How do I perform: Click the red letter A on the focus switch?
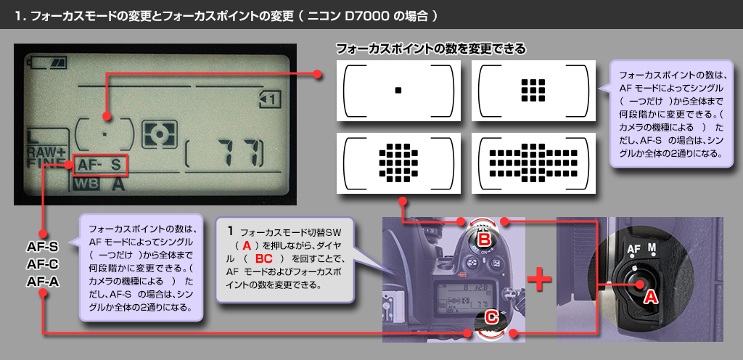tap(651, 296)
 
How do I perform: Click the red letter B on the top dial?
tap(484, 237)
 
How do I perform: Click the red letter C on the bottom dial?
tap(491, 316)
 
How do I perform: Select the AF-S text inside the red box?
tap(101, 165)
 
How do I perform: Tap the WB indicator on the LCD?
tap(86, 184)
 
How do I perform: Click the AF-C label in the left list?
tap(42, 263)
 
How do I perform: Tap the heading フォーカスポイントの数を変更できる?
tap(430, 49)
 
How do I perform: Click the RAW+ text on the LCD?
tap(46, 151)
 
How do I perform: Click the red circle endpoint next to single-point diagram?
tap(317, 74)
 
